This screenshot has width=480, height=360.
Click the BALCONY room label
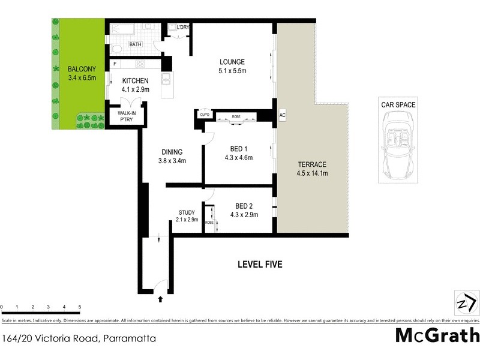(x=79, y=68)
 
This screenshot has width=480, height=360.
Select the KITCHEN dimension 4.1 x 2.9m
(x=136, y=90)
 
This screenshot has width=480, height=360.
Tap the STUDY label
(x=187, y=212)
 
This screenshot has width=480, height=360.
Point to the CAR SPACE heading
(x=398, y=104)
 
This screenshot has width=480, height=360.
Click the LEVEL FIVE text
(x=259, y=264)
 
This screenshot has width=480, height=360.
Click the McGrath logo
(x=437, y=335)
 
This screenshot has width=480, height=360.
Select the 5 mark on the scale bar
(x=79, y=306)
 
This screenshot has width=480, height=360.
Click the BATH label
(x=136, y=44)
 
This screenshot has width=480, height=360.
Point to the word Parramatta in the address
(x=128, y=338)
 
